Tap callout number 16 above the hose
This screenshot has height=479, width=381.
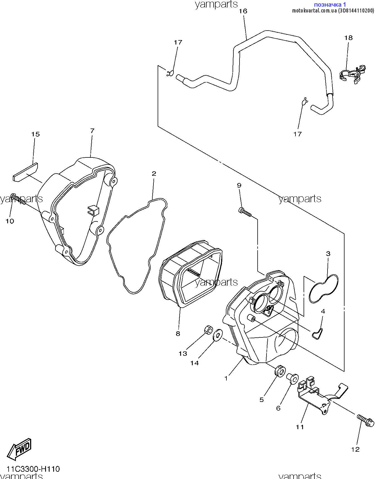pyautogui.click(x=243, y=11)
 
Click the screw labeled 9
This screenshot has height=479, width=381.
pyautogui.click(x=245, y=212)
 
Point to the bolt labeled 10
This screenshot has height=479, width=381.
pyautogui.click(x=18, y=199)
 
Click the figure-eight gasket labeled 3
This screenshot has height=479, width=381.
pyautogui.click(x=324, y=289)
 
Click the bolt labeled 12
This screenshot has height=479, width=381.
pyautogui.click(x=365, y=421)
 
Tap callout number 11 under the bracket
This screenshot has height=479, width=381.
pyautogui.click(x=300, y=427)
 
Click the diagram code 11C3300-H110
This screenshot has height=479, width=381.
pyautogui.click(x=33, y=469)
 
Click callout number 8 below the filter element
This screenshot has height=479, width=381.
pyautogui.click(x=178, y=334)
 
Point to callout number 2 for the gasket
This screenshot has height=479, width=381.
pyautogui.click(x=154, y=174)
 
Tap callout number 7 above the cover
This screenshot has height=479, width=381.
pyautogui.click(x=92, y=130)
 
